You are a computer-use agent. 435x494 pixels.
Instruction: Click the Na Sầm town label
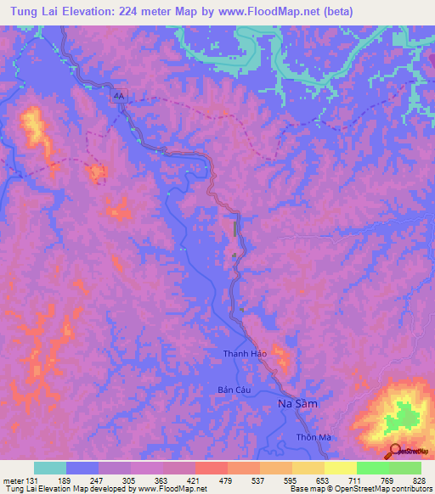(298, 404)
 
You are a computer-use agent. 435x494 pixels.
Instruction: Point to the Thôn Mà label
(312, 437)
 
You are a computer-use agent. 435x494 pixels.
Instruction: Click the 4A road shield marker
(119, 97)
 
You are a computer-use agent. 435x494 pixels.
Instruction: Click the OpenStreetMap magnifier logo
(395, 451)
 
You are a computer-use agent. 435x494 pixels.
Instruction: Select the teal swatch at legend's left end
(50, 468)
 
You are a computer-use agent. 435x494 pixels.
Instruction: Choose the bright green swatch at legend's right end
(405, 468)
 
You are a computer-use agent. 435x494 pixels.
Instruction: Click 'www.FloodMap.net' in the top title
(261, 11)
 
